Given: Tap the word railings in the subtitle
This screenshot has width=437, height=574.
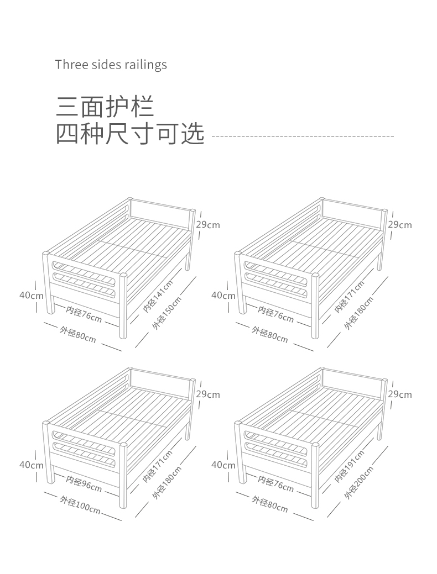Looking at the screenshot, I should point(146,65).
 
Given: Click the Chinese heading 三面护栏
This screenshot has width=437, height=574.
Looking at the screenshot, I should point(105,106).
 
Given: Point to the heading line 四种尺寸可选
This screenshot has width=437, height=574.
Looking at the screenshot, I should point(130,134).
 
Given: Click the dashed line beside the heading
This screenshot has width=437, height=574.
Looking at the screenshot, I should point(303,135).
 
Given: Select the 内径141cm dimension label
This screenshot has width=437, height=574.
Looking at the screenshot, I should point(158,297).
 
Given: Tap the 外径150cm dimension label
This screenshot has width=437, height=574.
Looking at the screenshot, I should point(167,313).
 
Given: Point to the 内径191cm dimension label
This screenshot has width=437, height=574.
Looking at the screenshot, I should point(349,466).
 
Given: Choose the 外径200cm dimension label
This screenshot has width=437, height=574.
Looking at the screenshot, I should point(358,483).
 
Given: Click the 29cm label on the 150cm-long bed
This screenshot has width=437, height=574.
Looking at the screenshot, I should point(208,225).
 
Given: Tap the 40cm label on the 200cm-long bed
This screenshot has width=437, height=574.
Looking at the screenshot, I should point(223,465).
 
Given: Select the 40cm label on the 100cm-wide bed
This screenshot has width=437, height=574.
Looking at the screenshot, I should point(32,465).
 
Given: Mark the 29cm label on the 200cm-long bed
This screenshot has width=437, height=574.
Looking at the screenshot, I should point(400,394).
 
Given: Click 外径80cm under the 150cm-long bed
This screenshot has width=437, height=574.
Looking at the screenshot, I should point(78,335).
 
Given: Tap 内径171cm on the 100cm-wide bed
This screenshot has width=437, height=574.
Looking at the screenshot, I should point(158,466).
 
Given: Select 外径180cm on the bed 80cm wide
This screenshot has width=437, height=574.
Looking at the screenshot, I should point(358,313).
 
